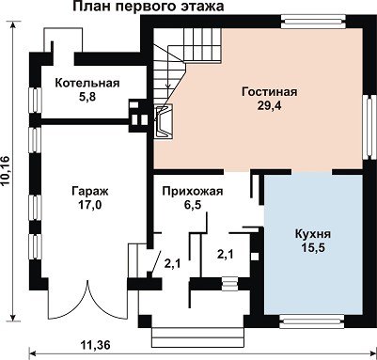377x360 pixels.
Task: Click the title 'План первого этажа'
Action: (149, 6)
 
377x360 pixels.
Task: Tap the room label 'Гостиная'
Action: (270, 92)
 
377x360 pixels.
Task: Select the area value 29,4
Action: (270, 106)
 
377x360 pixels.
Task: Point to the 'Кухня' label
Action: (313, 234)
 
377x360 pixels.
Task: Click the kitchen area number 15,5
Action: (313, 248)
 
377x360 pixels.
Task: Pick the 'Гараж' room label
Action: (90, 192)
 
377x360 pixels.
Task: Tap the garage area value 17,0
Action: (90, 205)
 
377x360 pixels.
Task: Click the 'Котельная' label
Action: (87, 84)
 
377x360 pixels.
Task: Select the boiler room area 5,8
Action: (87, 97)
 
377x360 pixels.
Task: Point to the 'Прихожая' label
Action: (193, 192)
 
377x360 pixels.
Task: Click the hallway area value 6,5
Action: (193, 205)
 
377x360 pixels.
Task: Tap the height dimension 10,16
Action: (6, 171)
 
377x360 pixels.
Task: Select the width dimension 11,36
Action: (96, 345)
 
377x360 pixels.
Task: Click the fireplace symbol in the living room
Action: (165, 121)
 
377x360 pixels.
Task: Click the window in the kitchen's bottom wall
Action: (312, 321)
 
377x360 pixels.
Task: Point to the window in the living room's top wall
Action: (313, 22)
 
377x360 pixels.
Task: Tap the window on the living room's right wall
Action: (369, 127)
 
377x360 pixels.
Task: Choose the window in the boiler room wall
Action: (36, 100)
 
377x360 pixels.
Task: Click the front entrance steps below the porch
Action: (197, 337)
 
